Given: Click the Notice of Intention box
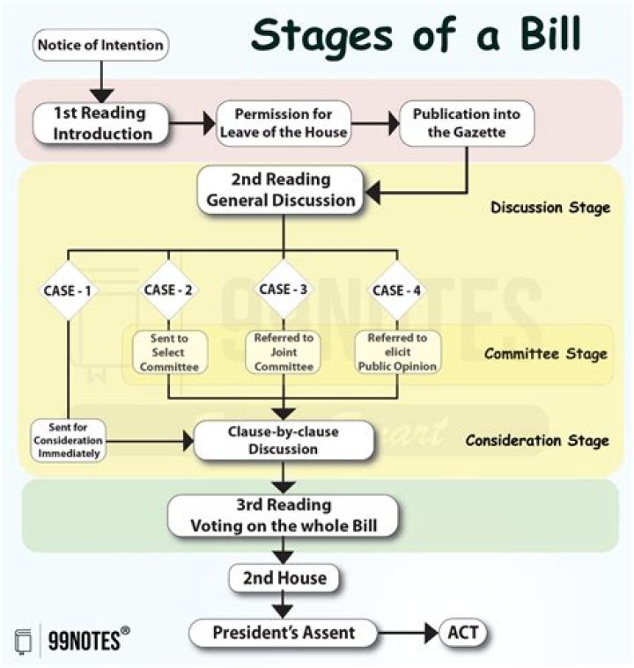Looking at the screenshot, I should tap(100, 45).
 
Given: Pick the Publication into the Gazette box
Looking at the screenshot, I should tap(467, 124).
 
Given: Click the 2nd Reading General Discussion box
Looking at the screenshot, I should tap(281, 189).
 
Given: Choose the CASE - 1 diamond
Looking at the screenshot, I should tap(68, 290).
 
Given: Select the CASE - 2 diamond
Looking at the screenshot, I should tap(167, 290).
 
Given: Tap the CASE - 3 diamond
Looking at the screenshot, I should tap(282, 289).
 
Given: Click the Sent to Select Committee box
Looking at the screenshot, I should tap(167, 352).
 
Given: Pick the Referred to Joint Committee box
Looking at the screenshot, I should tap(282, 352).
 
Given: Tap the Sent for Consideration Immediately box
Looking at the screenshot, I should tap(68, 440).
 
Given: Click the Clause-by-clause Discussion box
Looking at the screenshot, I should tap(283, 440).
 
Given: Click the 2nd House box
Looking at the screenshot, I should tap(283, 578).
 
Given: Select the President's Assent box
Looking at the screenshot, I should tap(283, 632).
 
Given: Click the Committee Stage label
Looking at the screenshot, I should tap(545, 355).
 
